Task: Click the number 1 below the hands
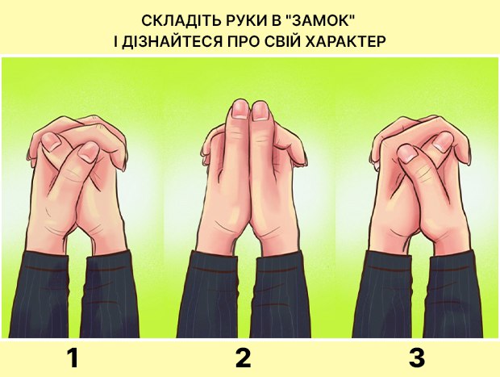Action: click(73, 358)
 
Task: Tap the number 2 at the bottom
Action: click(243, 358)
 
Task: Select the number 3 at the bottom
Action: click(417, 358)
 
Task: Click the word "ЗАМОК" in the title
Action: click(319, 21)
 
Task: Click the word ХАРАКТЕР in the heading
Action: click(346, 41)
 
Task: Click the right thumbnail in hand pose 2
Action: click(260, 112)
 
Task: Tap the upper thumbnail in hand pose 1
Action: click(50, 141)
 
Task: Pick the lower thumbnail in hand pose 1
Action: click(89, 151)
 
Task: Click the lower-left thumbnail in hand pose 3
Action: click(408, 153)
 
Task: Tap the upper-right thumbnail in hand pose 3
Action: click(444, 141)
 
